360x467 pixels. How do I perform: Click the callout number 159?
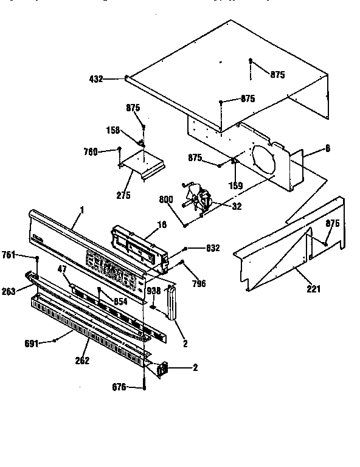[235, 185]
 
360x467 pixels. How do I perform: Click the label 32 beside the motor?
[236, 206]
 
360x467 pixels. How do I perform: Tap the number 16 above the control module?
[162, 224]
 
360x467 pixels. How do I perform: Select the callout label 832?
[213, 247]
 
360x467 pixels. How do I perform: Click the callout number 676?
[120, 387]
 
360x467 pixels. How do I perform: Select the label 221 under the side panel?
[313, 289]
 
